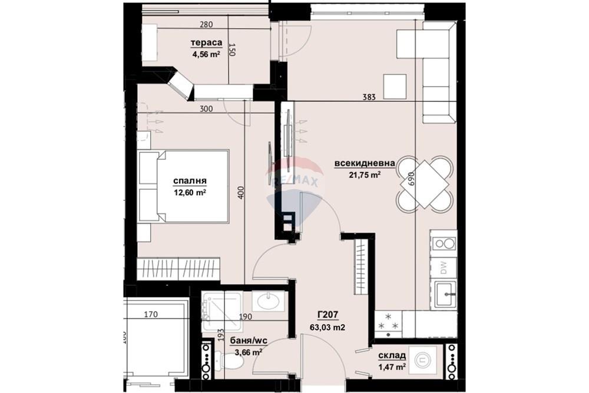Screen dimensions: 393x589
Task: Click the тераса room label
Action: pyautogui.click(x=206, y=42)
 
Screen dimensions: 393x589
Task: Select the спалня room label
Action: pyautogui.click(x=189, y=180)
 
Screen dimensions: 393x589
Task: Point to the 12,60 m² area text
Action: pyautogui.click(x=189, y=192)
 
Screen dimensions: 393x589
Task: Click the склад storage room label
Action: pyautogui.click(x=392, y=356)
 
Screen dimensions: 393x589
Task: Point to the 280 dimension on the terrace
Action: pyautogui.click(x=206, y=25)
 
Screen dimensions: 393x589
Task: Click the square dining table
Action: pyautogui.click(x=425, y=183)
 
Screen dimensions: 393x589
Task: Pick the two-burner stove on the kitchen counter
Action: pyautogui.click(x=443, y=242)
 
